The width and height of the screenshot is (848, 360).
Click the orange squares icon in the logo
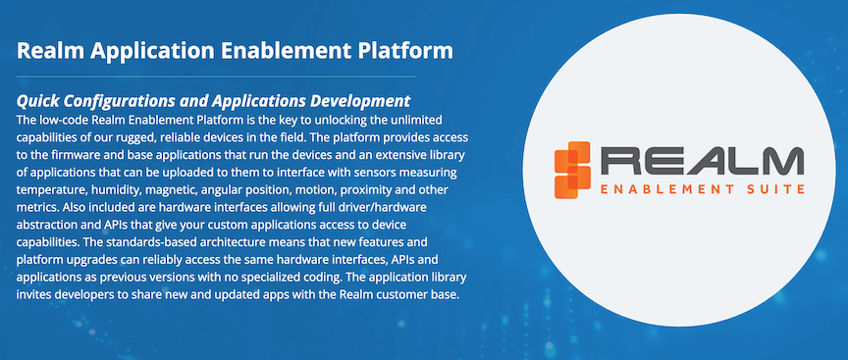point(572,170)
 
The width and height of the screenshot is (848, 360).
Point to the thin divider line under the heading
point(216,77)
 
